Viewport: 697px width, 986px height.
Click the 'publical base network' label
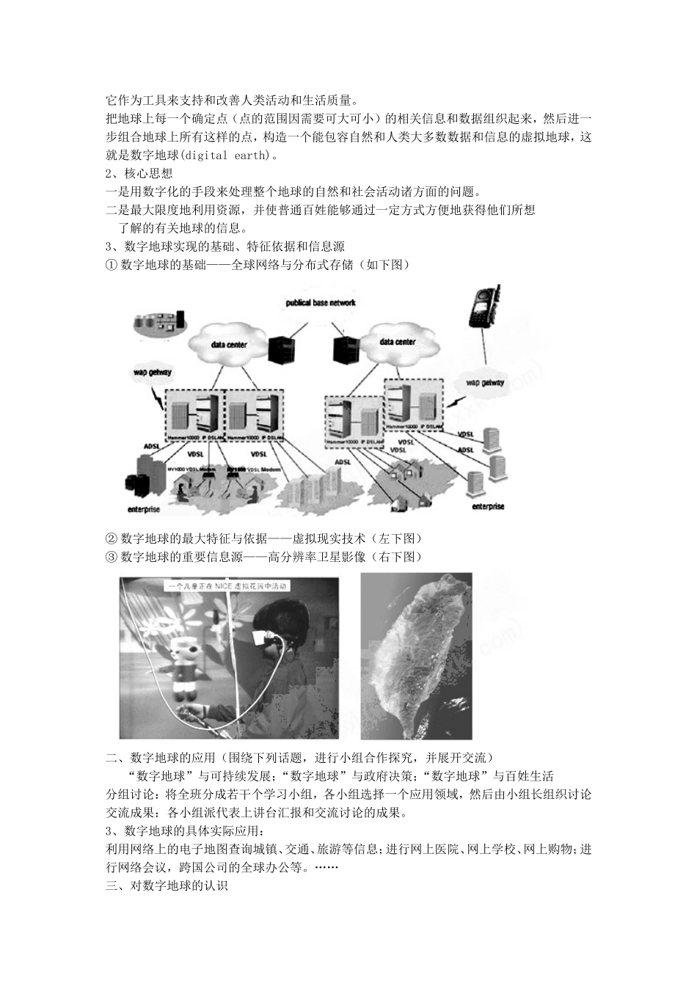[x=321, y=302]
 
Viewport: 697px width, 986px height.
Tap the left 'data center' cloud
[x=228, y=344]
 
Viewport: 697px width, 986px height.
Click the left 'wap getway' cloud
[x=152, y=373]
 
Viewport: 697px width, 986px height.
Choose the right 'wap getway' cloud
[x=485, y=382]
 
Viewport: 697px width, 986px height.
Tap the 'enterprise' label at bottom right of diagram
[x=488, y=506]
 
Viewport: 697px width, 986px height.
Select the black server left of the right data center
[x=341, y=349]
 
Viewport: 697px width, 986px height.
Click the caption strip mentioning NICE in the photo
[x=229, y=585]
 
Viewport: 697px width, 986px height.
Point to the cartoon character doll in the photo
[x=180, y=664]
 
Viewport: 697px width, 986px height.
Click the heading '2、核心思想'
[x=139, y=174]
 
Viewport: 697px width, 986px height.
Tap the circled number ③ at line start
[x=112, y=557]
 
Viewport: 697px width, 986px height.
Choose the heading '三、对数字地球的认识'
[x=167, y=885]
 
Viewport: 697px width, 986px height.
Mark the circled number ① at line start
[x=112, y=265]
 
